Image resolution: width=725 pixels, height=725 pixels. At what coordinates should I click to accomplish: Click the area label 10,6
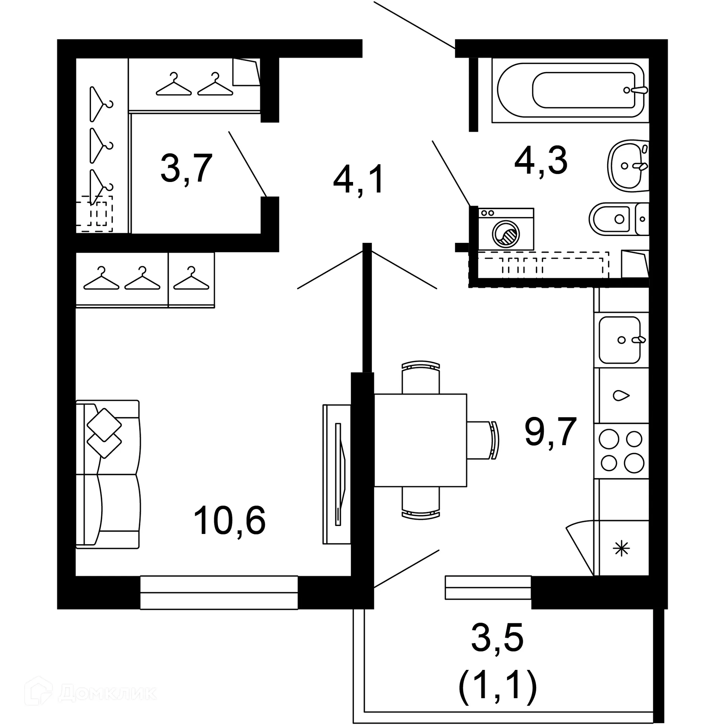[229, 521]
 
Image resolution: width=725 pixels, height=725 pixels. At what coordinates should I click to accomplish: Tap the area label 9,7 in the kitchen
[550, 432]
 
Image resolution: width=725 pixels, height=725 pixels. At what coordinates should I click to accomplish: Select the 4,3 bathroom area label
[541, 161]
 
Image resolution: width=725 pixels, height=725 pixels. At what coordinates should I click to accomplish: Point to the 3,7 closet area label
[186, 168]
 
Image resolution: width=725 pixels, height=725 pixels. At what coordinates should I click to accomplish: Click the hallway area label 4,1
[358, 180]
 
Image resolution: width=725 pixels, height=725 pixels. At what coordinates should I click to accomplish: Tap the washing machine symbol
[506, 229]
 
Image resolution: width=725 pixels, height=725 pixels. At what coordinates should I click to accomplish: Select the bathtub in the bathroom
[571, 90]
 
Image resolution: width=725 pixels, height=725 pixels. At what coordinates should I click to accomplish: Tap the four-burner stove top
[621, 451]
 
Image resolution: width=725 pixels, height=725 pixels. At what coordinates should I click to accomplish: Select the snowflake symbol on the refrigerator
[621, 549]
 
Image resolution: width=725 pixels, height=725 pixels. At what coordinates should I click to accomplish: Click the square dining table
[420, 440]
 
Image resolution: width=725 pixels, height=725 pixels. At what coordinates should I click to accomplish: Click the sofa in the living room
[108, 474]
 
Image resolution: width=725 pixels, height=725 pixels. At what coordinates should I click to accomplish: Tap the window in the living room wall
[219, 592]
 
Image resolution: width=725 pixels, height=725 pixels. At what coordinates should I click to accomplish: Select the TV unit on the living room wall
[337, 474]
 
